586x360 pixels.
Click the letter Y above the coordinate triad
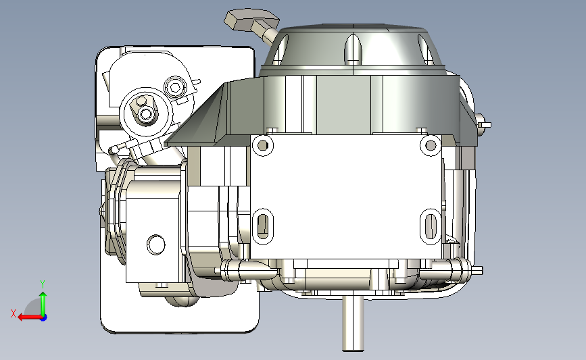[42, 284]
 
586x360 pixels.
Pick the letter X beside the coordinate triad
[13, 313]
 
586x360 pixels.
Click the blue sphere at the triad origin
[43, 317]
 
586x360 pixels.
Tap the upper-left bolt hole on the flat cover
[262, 144]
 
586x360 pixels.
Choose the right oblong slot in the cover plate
[431, 226]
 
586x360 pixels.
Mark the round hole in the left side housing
[156, 244]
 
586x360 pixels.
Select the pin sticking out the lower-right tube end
[478, 271]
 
